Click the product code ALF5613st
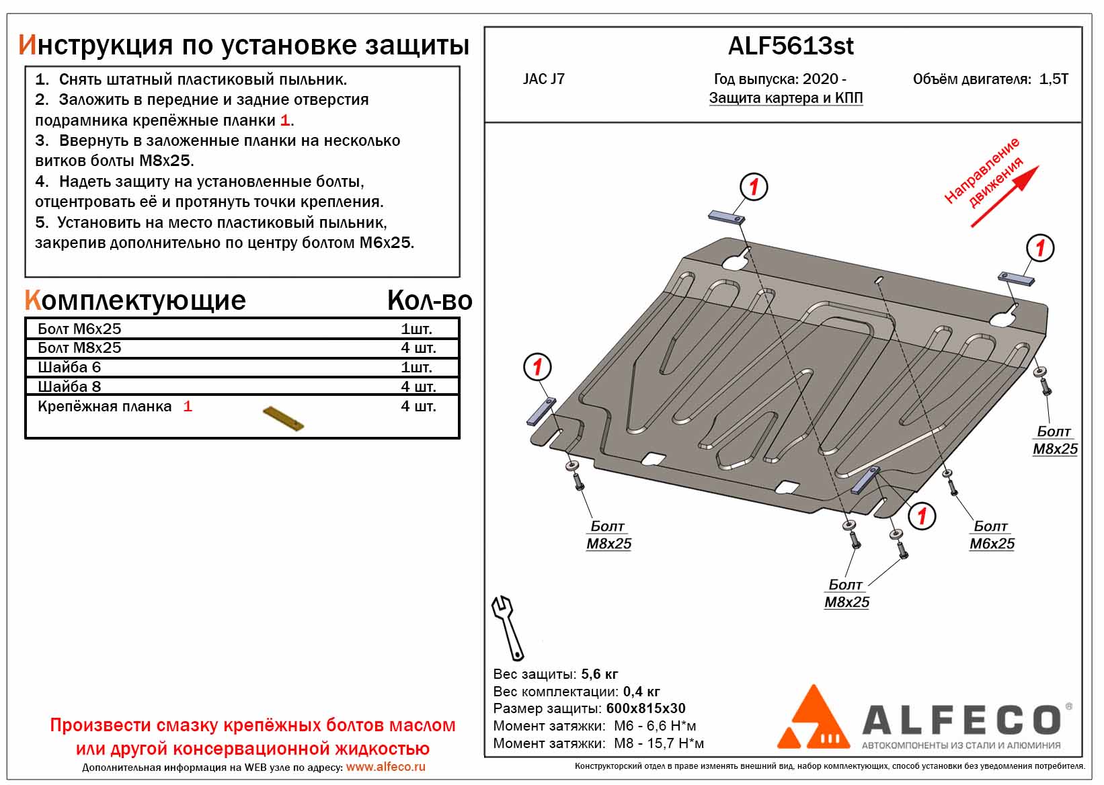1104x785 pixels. pos(791,46)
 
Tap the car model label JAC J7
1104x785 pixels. pos(543,79)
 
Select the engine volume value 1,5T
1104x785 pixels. pos(1053,79)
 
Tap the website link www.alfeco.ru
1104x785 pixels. pos(385,767)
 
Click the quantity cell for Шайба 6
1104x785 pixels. pos(416,367)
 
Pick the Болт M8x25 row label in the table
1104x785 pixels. pos(79,347)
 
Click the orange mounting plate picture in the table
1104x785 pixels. pos(283,418)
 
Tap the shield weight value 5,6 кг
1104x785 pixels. pos(599,674)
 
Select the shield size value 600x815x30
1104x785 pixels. pos(645,708)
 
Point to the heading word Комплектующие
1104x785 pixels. pos(135,300)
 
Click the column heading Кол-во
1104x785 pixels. pos(430,300)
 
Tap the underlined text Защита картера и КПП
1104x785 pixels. pos(786,98)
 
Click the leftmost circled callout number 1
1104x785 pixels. pos(537,367)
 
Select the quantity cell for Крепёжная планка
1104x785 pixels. pos(418,406)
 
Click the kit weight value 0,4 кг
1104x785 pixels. pos(641,692)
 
